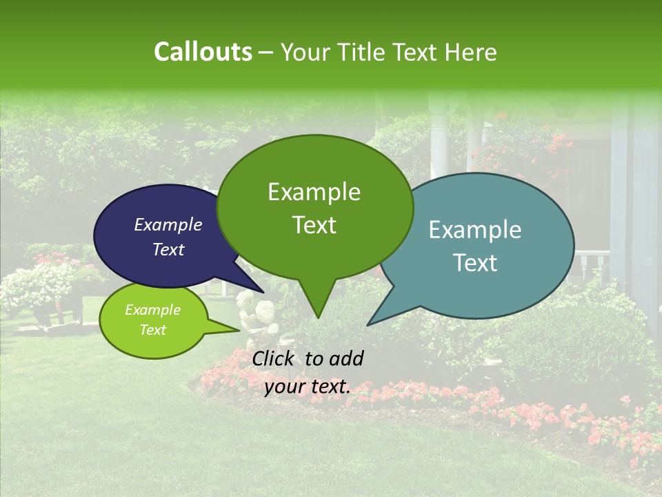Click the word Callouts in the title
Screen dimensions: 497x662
[x=203, y=52]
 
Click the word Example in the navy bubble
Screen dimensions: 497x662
[x=168, y=224]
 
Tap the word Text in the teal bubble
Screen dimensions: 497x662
[x=476, y=263]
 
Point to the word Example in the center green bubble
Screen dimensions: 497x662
[x=314, y=192]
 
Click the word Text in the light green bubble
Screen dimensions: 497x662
[x=152, y=330]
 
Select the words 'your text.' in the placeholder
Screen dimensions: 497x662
[x=308, y=387]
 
